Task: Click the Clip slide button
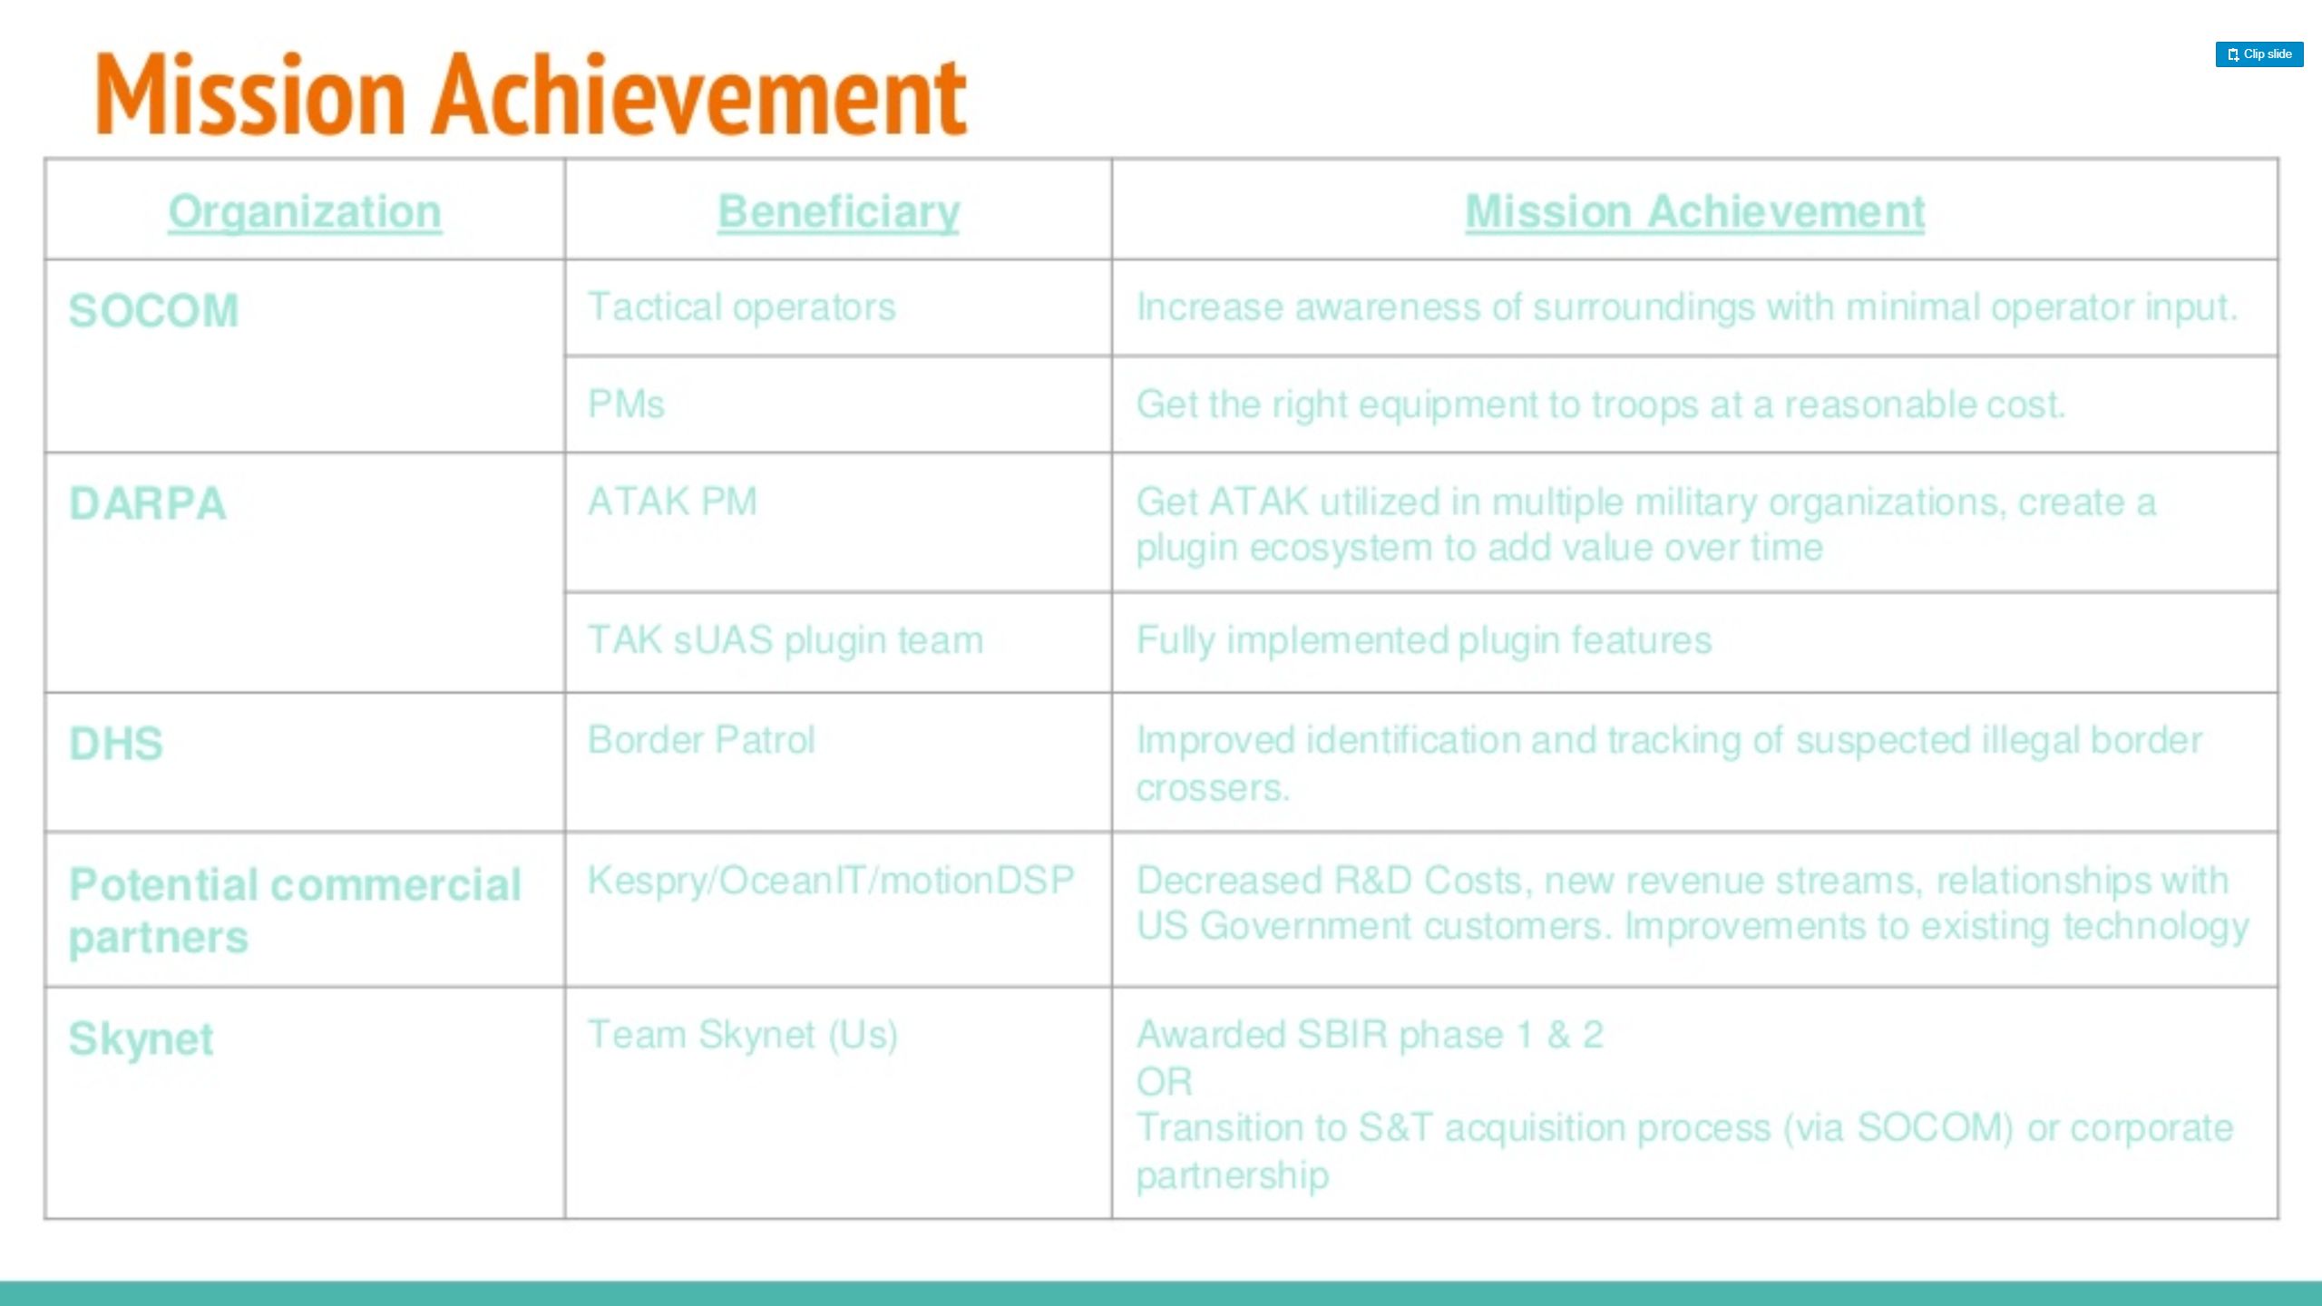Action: (2259, 54)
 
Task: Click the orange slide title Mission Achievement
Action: (532, 94)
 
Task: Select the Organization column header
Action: (305, 213)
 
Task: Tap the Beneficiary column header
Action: (838, 213)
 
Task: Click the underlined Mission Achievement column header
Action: (1694, 212)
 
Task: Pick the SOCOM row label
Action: (154, 311)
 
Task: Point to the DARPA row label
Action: (148, 504)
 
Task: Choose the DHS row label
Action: (116, 744)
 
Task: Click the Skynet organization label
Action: (141, 1038)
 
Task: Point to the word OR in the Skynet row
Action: (1165, 1082)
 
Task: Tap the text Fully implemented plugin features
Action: (1424, 640)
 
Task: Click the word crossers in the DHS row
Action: (1213, 788)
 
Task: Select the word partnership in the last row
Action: (1233, 1175)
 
